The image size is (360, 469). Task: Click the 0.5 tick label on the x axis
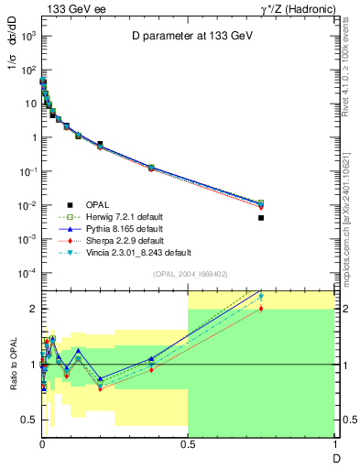click(187, 443)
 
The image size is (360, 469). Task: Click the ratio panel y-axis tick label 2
click(32, 309)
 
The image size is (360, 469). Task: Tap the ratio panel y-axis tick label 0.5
click(29, 420)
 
